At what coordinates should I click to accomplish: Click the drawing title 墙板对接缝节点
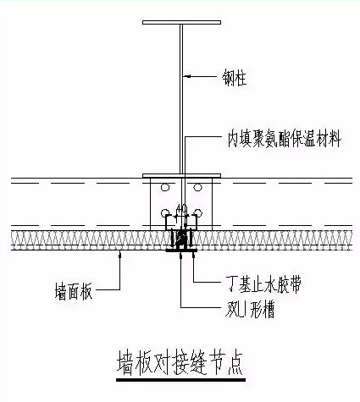point(180,362)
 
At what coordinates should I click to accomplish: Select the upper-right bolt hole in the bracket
point(199,187)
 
